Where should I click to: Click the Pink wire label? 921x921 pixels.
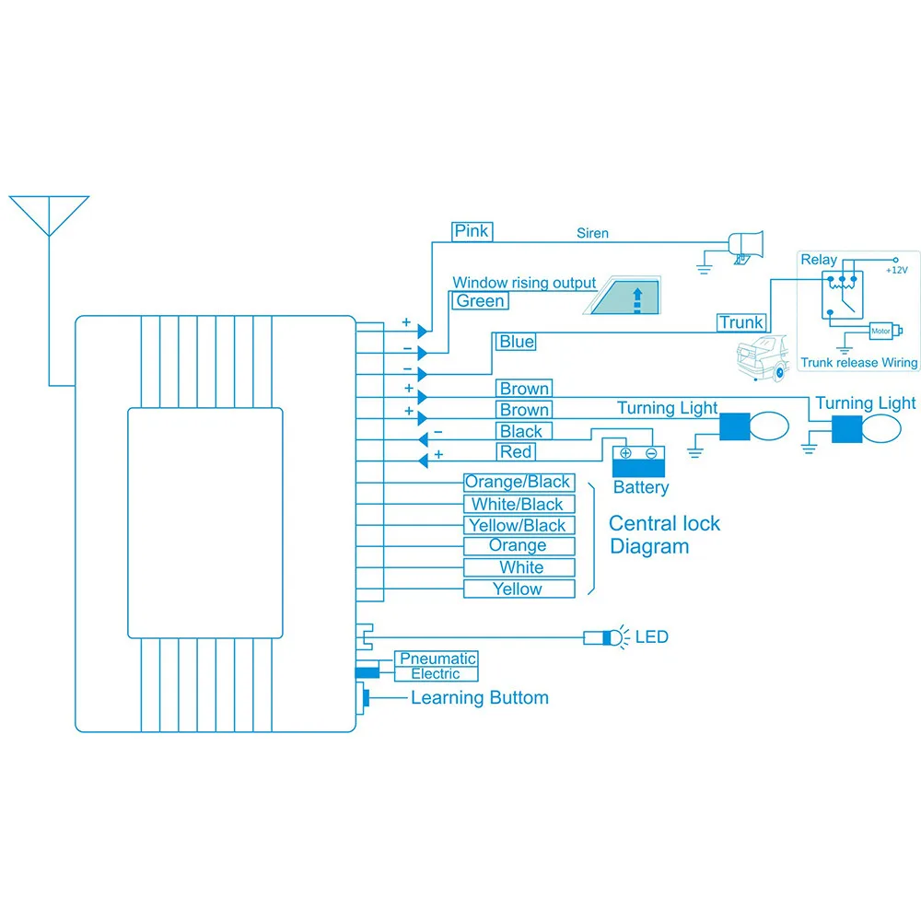(472, 230)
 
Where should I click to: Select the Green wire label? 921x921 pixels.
(480, 301)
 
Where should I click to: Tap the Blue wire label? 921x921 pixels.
(516, 342)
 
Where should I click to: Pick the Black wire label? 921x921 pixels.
(521, 431)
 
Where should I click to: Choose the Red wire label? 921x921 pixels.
(516, 452)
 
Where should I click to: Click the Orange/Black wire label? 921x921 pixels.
(518, 482)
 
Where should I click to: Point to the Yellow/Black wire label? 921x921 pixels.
(518, 526)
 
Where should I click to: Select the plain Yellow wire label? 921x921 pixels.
(518, 589)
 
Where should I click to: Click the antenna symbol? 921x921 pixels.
(49, 216)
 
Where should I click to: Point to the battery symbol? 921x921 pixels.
(639, 460)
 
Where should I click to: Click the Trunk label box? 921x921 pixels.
(741, 322)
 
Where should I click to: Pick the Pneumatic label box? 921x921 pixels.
(437, 659)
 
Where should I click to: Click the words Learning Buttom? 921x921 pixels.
(479, 698)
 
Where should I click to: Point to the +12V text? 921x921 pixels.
(896, 270)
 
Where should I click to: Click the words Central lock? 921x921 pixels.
(664, 524)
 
